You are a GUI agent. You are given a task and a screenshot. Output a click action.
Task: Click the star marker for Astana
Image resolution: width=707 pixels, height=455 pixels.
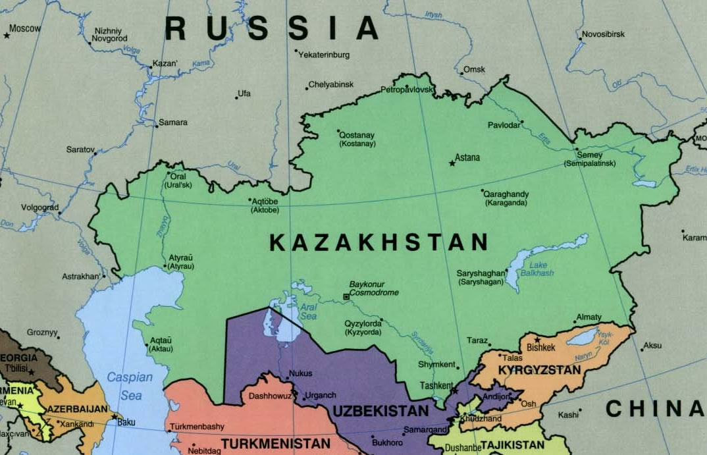pyautogui.click(x=452, y=163)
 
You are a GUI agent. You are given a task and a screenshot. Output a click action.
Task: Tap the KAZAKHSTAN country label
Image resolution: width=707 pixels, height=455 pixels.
pyautogui.click(x=379, y=243)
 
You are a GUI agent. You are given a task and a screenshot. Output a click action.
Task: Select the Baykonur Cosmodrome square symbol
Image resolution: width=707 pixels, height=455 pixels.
pyautogui.click(x=346, y=297)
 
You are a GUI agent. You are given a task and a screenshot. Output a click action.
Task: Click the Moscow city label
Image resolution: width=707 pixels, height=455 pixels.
pyautogui.click(x=25, y=28)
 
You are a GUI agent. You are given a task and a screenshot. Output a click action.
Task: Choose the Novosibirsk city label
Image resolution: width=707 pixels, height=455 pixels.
pyautogui.click(x=603, y=34)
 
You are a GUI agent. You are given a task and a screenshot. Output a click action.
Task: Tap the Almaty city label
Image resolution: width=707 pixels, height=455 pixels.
pyautogui.click(x=589, y=317)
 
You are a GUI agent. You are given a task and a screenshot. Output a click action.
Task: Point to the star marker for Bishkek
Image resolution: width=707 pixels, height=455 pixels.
pyautogui.click(x=537, y=340)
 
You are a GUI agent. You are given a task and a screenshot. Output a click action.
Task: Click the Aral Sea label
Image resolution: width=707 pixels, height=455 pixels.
pyautogui.click(x=308, y=311)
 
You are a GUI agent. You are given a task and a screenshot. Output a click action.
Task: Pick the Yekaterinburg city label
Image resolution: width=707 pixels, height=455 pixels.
pyautogui.click(x=324, y=55)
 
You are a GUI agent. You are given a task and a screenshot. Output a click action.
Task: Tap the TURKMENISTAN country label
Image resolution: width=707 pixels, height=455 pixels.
pyautogui.click(x=275, y=444)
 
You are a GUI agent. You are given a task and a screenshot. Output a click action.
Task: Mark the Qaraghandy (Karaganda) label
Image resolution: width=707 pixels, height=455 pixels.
pyautogui.click(x=506, y=199)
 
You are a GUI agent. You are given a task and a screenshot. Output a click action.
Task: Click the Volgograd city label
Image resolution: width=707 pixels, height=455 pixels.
pyautogui.click(x=39, y=207)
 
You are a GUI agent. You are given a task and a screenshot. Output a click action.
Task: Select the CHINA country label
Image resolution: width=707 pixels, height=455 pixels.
pyautogui.click(x=654, y=409)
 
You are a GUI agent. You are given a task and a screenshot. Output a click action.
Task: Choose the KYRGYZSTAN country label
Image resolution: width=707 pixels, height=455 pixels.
pyautogui.click(x=539, y=370)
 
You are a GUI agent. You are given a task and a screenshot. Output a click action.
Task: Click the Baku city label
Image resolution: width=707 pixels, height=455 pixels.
pyautogui.click(x=126, y=422)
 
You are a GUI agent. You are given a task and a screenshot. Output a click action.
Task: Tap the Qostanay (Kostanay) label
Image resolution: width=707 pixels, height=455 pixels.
pyautogui.click(x=357, y=139)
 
